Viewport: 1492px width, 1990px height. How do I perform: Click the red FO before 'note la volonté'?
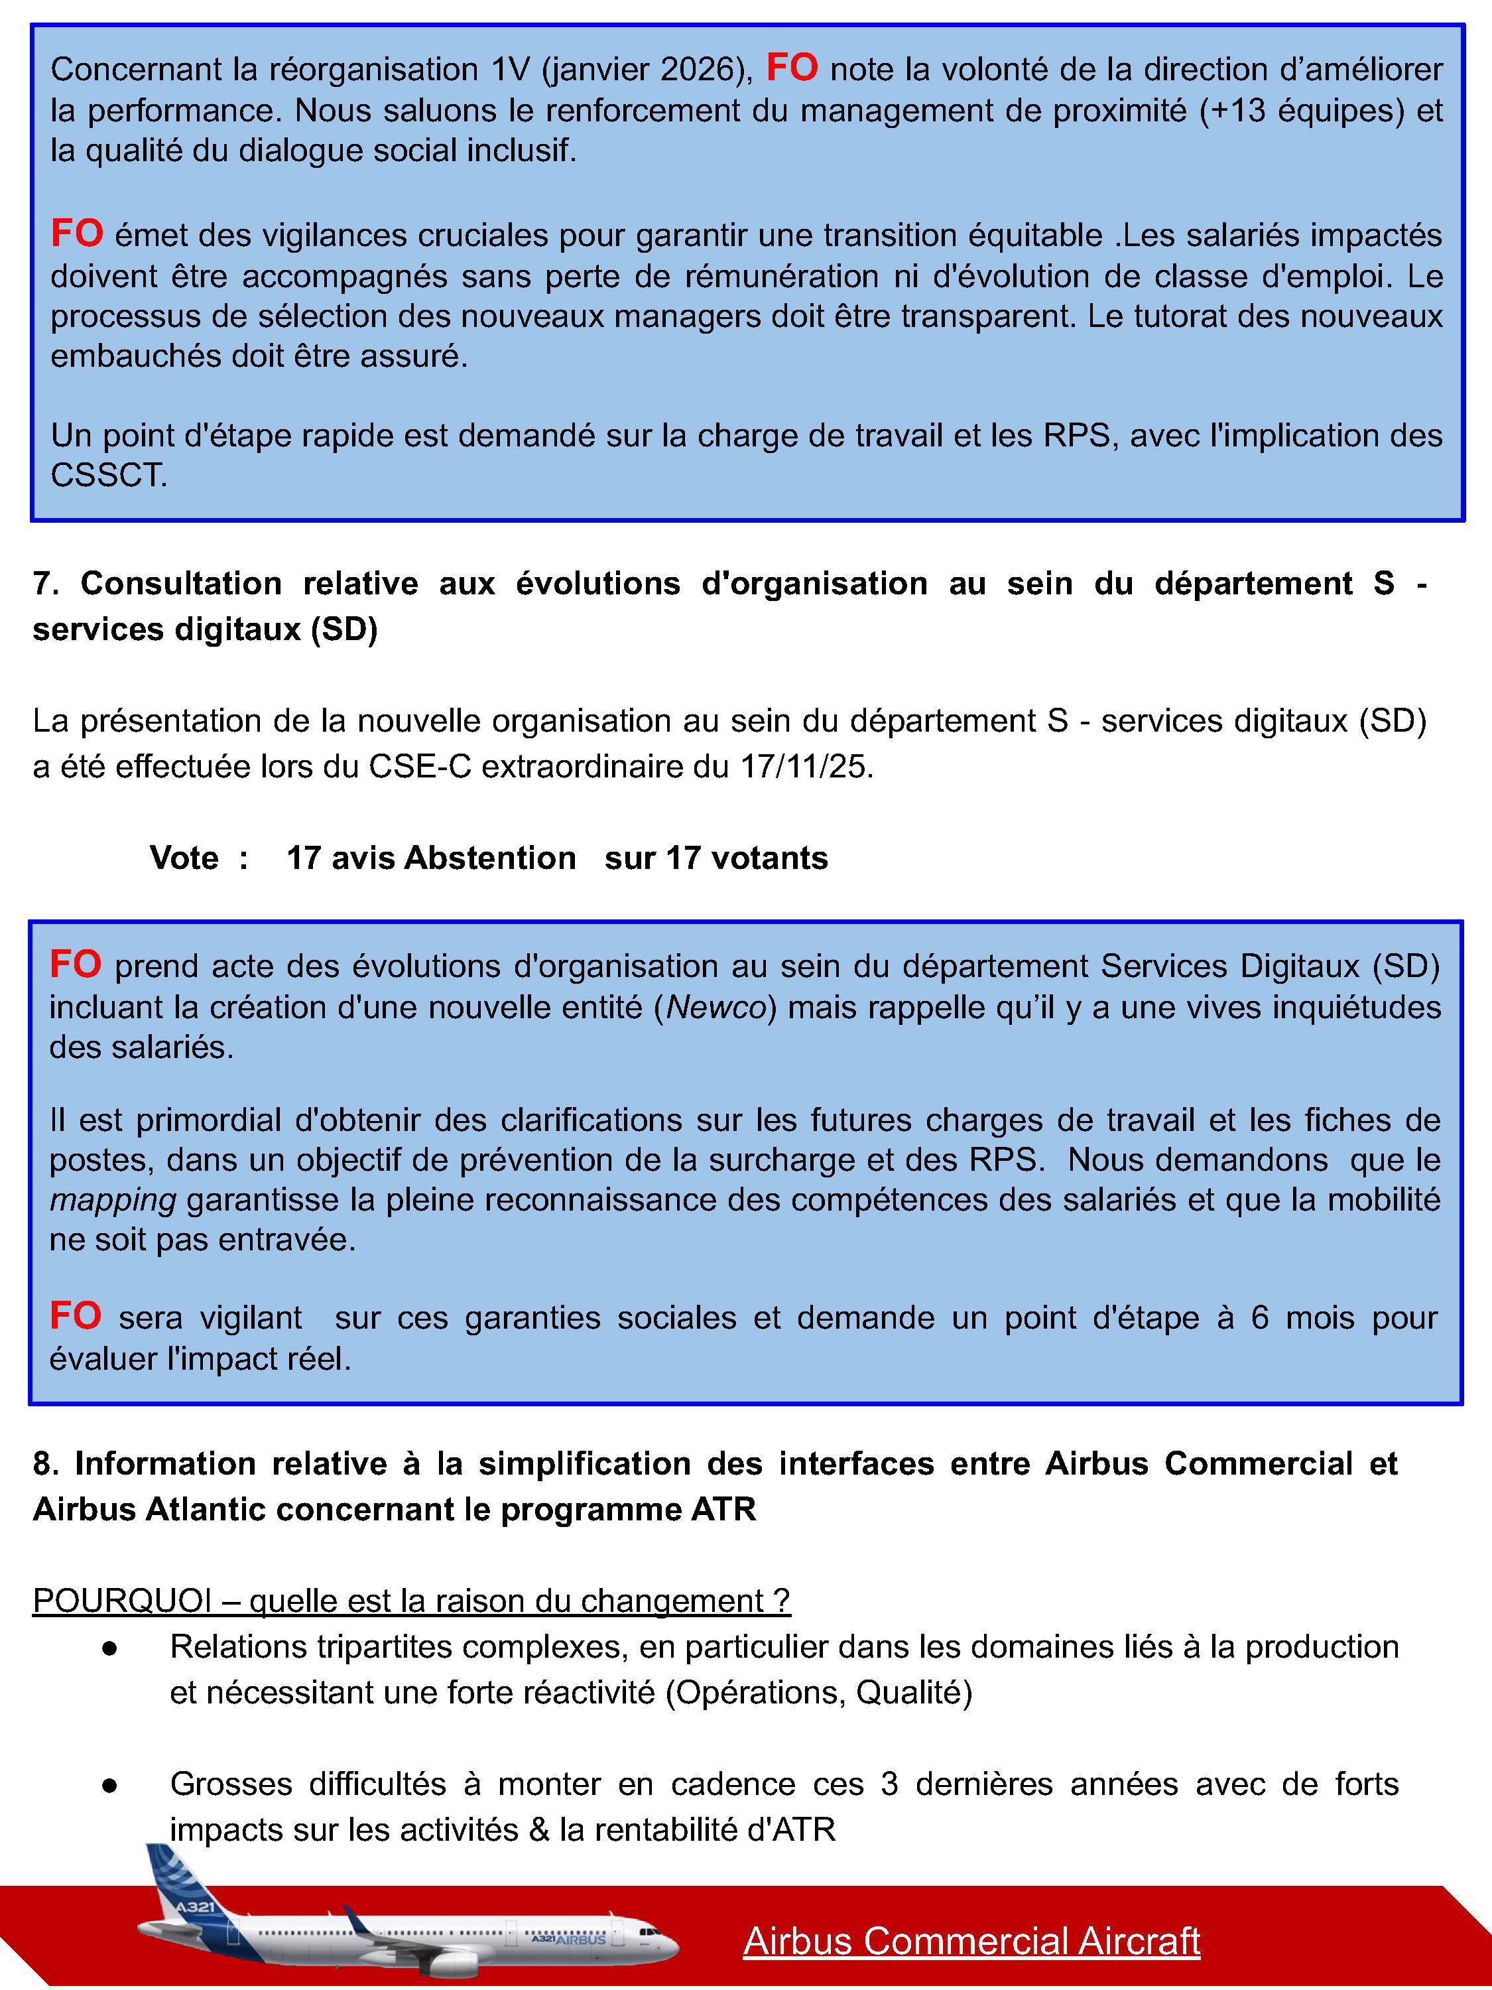tap(791, 68)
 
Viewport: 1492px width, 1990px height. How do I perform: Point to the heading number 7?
tap(45, 584)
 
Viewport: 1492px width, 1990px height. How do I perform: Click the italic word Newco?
tap(716, 1007)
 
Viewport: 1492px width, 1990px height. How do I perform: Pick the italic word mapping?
tap(113, 1199)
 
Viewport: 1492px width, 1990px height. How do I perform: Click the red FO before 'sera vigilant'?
tap(75, 1316)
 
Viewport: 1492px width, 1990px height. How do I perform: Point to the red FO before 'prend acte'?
tap(75, 964)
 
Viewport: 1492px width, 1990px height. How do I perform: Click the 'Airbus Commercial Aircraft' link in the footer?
tap(971, 1940)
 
